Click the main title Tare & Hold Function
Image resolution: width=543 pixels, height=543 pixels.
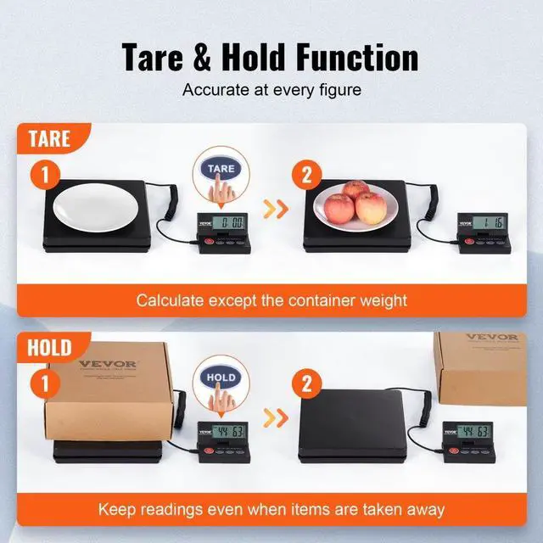point(271,58)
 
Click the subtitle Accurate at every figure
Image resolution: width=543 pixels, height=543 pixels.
point(271,88)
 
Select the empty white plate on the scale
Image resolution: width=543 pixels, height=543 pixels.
point(96,204)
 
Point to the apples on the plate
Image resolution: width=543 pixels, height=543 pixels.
point(355,204)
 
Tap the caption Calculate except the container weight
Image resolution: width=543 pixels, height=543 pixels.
point(271,299)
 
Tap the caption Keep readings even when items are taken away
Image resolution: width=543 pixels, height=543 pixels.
point(271,509)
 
